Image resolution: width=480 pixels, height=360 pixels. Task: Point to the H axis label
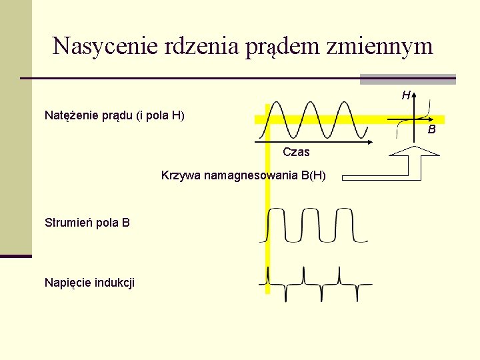[x=405, y=95]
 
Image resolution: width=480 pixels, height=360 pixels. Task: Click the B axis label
[x=432, y=129]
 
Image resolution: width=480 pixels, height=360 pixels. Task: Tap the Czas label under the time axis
[x=296, y=152]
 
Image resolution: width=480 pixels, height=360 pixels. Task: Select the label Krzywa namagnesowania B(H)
[x=243, y=176]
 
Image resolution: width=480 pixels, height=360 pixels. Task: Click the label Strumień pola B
[x=87, y=223]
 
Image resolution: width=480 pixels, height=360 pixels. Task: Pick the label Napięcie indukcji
[x=89, y=283]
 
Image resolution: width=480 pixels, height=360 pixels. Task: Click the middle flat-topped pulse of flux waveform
[x=311, y=211]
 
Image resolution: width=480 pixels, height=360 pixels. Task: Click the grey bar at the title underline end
[x=407, y=79]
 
